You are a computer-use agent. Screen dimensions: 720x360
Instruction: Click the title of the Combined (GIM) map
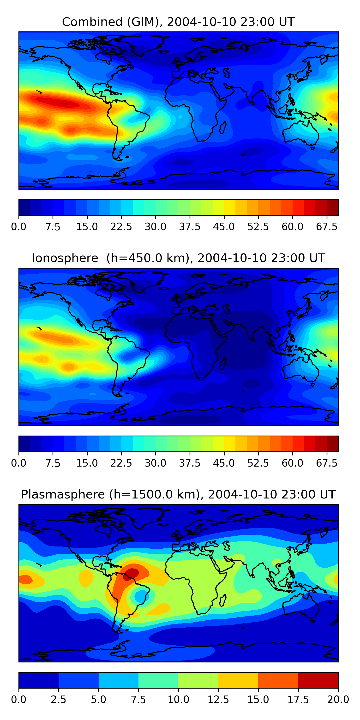(x=178, y=22)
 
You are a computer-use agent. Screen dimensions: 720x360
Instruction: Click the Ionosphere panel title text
(x=178, y=258)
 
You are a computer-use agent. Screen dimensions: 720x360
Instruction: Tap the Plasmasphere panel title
(x=178, y=494)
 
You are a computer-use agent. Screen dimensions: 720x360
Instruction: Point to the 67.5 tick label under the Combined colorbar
(x=327, y=227)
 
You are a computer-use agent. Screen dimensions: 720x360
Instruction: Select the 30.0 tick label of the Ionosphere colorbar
(x=156, y=463)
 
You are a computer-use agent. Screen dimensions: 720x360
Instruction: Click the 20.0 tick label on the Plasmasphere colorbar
(x=338, y=699)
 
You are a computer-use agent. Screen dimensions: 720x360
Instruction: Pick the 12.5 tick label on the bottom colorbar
(x=218, y=699)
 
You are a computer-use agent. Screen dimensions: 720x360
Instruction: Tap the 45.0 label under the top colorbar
(x=224, y=227)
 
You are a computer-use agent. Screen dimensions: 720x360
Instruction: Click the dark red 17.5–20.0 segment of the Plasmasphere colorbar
(x=318, y=680)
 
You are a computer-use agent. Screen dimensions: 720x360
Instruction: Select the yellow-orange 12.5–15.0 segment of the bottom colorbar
(x=238, y=680)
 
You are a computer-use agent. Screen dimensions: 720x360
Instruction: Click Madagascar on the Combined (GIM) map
(x=223, y=127)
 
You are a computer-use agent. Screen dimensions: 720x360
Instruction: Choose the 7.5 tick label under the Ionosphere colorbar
(x=53, y=463)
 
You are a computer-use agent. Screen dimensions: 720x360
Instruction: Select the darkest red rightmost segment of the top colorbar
(x=332, y=207)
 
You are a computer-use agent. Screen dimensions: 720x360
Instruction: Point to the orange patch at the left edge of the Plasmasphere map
(x=25, y=579)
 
